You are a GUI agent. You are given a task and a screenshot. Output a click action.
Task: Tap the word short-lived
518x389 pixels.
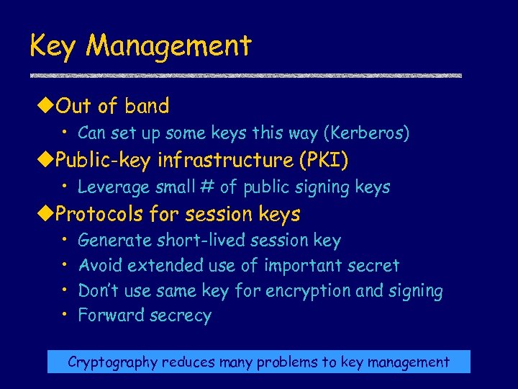[188, 241]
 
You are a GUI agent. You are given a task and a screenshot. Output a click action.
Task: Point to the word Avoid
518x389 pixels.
[100, 266]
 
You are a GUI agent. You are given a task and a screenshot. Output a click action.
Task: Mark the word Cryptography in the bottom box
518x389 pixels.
[112, 362]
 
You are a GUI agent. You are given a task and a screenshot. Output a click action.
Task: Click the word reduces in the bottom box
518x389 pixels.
[186, 362]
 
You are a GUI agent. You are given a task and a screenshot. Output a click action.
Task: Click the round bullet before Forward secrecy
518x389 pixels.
[65, 315]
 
